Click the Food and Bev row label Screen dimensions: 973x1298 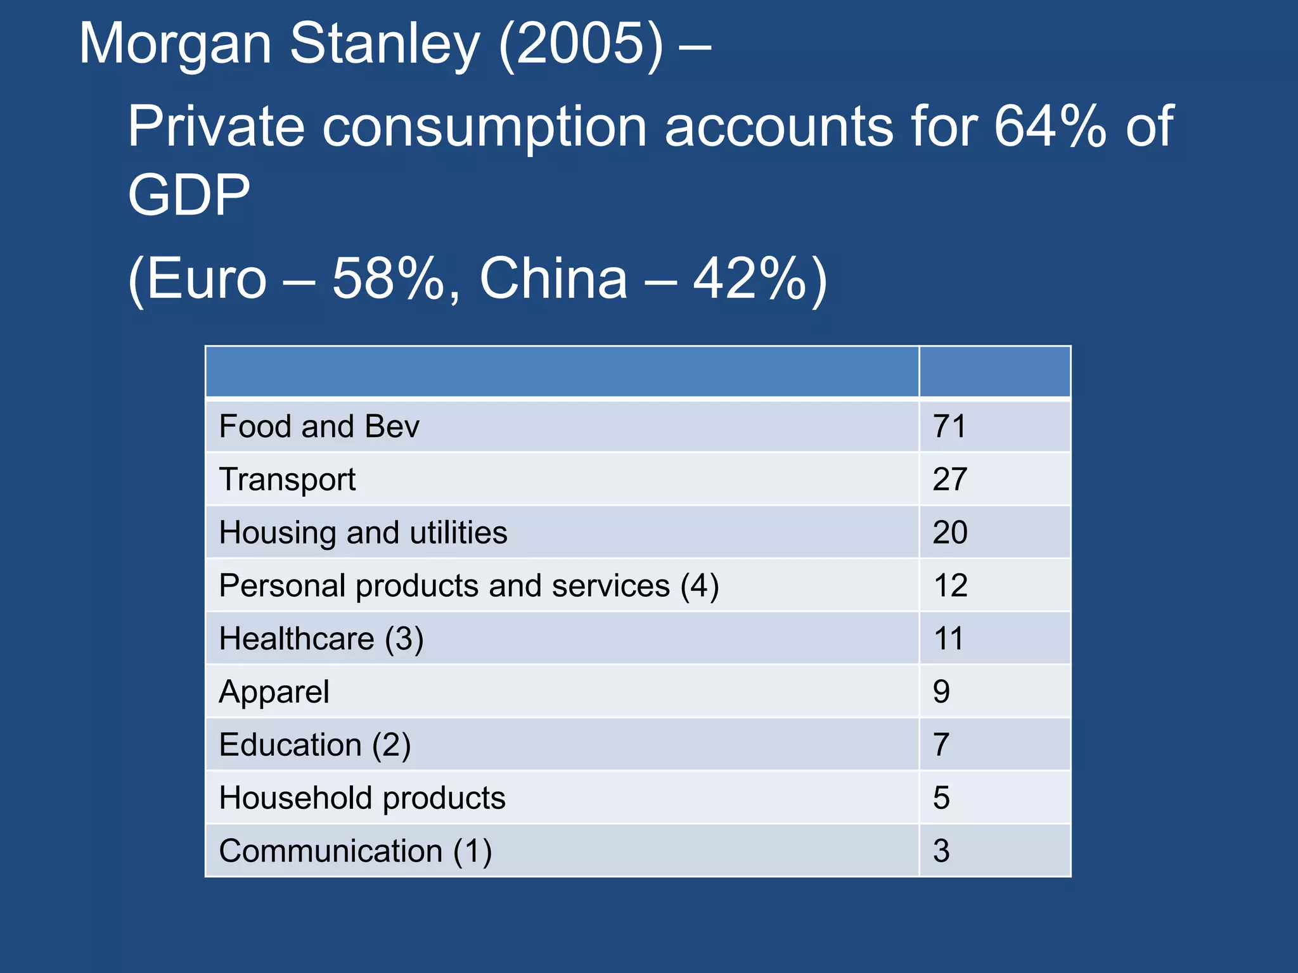pos(319,426)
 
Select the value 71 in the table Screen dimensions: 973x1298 pos(949,426)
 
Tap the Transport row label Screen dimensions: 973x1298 pos(287,480)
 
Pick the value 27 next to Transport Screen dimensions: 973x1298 pos(949,480)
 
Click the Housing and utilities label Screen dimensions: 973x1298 pos(363,533)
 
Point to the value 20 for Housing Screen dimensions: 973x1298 pos(949,533)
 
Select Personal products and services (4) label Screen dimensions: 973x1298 pos(468,586)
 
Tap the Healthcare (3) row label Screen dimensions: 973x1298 pos(321,639)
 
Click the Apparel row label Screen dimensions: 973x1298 pos(274,692)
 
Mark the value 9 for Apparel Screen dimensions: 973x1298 pos(941,692)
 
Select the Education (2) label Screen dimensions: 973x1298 pos(314,745)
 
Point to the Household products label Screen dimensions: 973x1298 pos(362,798)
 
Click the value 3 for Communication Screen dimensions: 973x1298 pos(941,851)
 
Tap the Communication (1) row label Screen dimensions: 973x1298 pos(355,851)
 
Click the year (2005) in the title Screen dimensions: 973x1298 pos(581,44)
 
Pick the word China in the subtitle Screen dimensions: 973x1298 pos(553,279)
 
